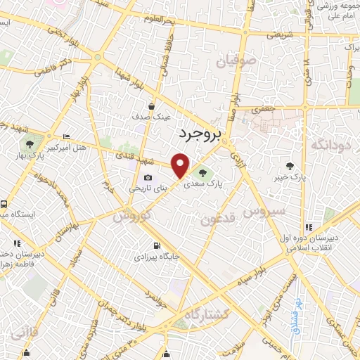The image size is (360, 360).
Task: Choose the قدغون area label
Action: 215,219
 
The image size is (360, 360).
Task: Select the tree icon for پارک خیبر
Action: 290,166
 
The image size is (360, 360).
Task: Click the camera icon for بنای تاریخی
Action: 148,178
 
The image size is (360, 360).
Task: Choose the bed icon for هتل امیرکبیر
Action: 66,136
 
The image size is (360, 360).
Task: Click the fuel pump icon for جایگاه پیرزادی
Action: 156,246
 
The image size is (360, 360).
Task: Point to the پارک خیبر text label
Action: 290,178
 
